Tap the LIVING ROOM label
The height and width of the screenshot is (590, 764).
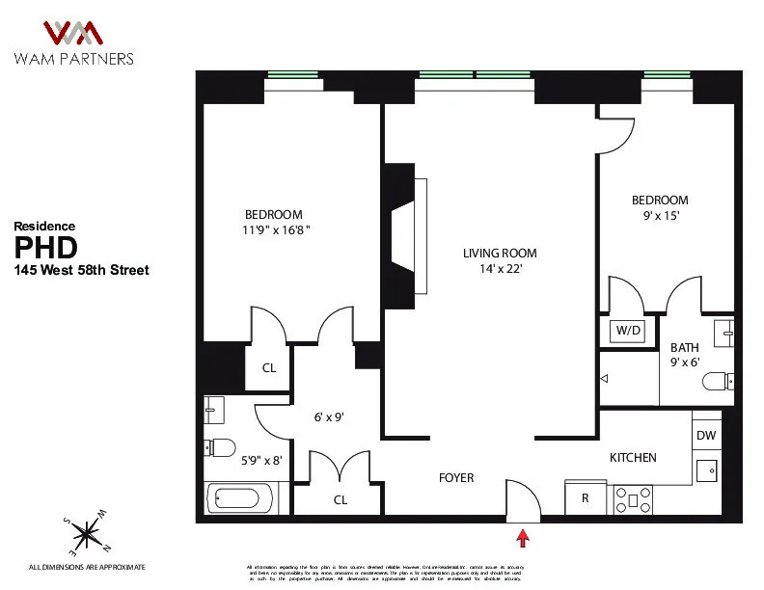[499, 254]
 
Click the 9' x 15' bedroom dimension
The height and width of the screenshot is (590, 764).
[660, 216]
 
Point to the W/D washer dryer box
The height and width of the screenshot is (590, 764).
[628, 331]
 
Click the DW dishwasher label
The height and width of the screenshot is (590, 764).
[706, 436]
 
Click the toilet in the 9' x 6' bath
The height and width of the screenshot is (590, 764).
[718, 383]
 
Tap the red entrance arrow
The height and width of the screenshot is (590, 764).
[524, 536]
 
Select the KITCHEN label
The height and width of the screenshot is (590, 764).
[632, 457]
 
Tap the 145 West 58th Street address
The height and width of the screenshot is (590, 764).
[81, 271]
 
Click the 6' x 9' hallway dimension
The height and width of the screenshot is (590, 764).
[328, 418]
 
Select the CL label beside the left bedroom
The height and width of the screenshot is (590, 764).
[269, 367]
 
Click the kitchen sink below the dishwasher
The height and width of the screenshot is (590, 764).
[706, 470]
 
